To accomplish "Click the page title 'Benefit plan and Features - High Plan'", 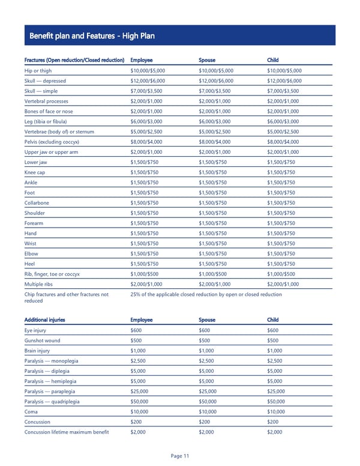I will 91,36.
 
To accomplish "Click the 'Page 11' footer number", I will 180,456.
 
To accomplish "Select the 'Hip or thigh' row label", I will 39,70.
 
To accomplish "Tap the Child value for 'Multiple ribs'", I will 284,283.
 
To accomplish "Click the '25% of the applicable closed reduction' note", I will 206,294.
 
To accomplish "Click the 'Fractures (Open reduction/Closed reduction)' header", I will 74,60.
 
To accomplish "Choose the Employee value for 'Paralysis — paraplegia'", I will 142,391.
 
